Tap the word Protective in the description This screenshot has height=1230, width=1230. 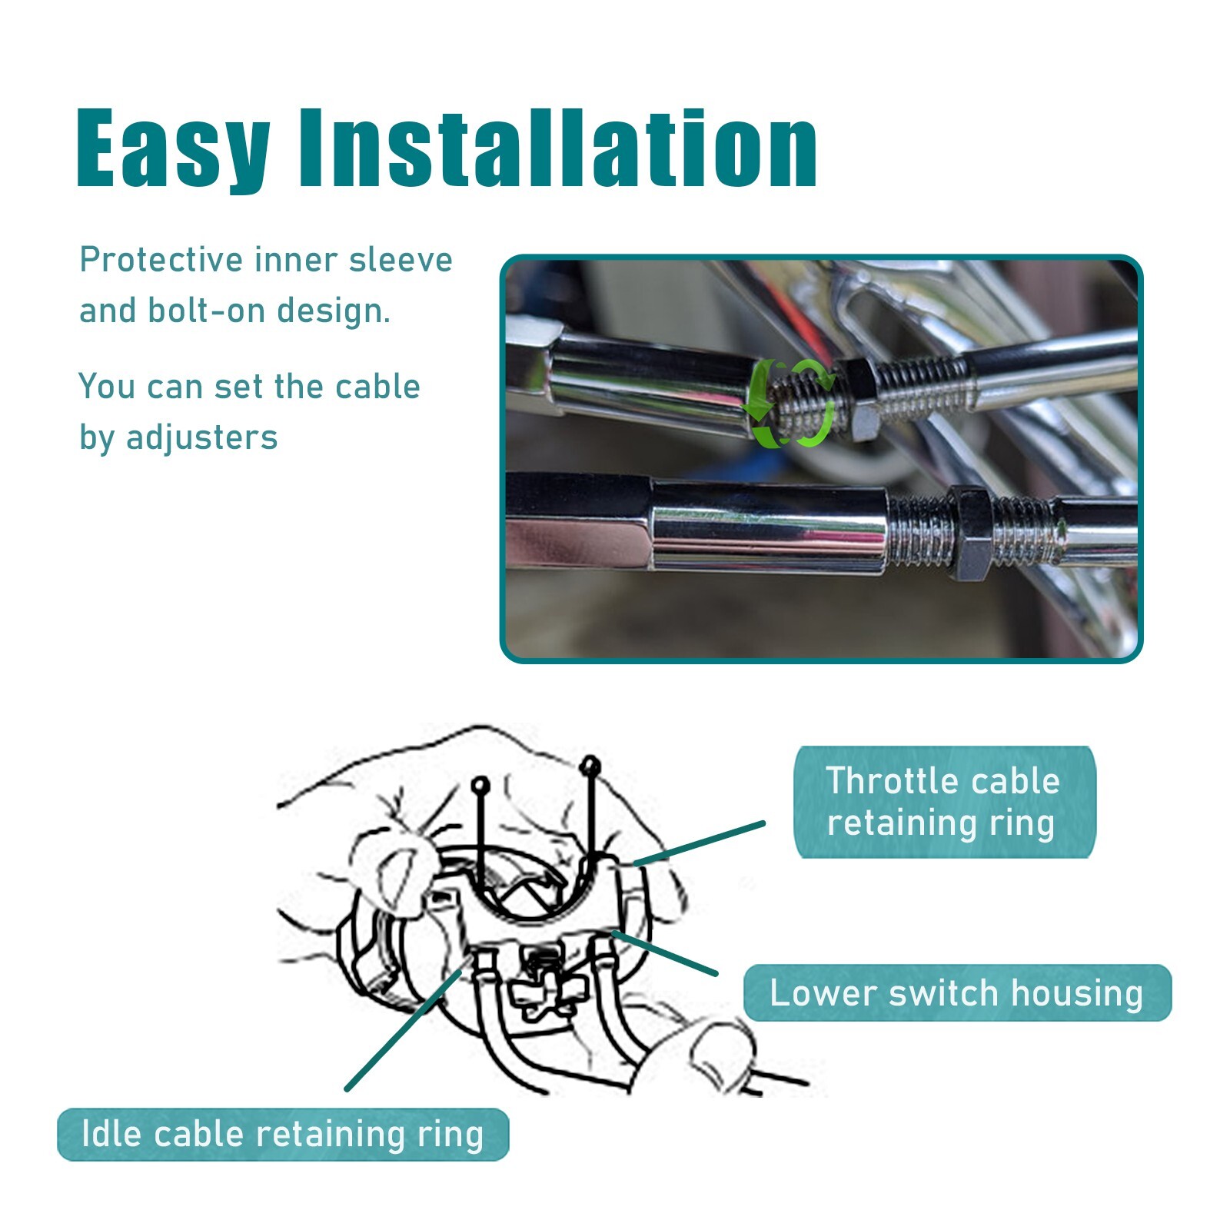pyautogui.click(x=161, y=260)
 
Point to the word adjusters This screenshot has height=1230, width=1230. pyautogui.click(x=201, y=438)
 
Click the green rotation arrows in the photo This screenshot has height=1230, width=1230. pyautogui.click(x=791, y=401)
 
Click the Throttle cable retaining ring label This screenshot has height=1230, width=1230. pyautogui.click(x=944, y=801)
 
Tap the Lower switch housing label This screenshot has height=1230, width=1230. pyautogui.click(x=957, y=992)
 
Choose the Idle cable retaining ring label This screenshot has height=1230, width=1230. pyautogui.click(x=283, y=1134)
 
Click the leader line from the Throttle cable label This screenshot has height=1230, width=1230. pyautogui.click(x=699, y=844)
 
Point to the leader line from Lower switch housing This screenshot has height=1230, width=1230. pyautogui.click(x=664, y=953)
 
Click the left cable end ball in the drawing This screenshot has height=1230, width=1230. pyautogui.click(x=480, y=786)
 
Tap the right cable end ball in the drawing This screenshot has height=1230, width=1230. pyautogui.click(x=590, y=766)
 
